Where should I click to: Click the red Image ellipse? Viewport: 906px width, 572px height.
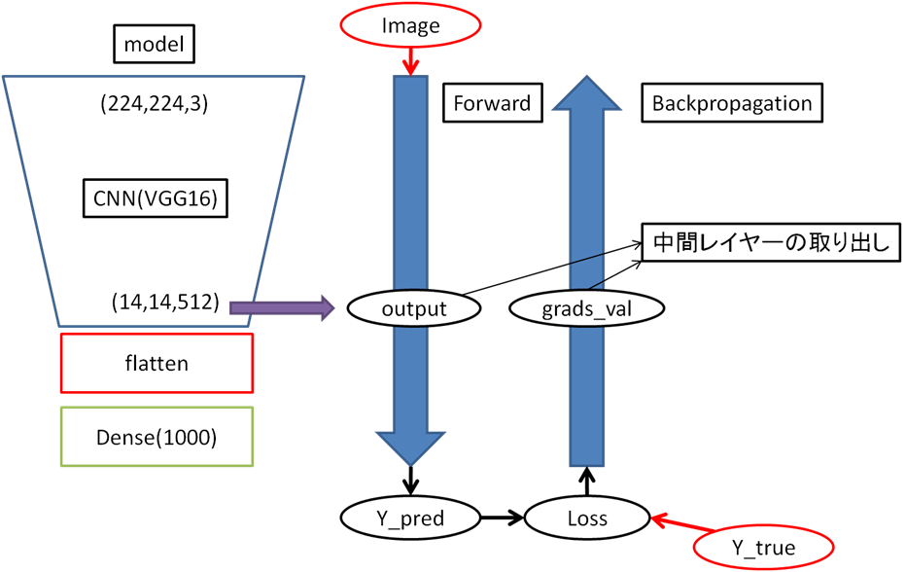(410, 25)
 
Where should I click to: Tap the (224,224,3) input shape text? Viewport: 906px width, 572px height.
(154, 103)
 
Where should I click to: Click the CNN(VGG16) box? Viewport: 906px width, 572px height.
(154, 200)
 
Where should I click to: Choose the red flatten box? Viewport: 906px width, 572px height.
(157, 363)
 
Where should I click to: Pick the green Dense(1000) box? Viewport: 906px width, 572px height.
(157, 437)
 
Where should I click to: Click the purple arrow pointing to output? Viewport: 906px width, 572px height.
(281, 308)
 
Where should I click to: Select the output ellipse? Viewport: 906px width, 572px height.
(413, 309)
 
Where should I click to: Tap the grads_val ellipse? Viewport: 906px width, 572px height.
(587, 309)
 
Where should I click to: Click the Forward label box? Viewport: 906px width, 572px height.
(492, 103)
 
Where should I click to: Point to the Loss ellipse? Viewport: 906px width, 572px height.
(587, 518)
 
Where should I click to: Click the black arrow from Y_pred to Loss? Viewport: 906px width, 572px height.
(499, 518)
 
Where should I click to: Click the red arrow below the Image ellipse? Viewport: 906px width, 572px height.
(409, 62)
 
